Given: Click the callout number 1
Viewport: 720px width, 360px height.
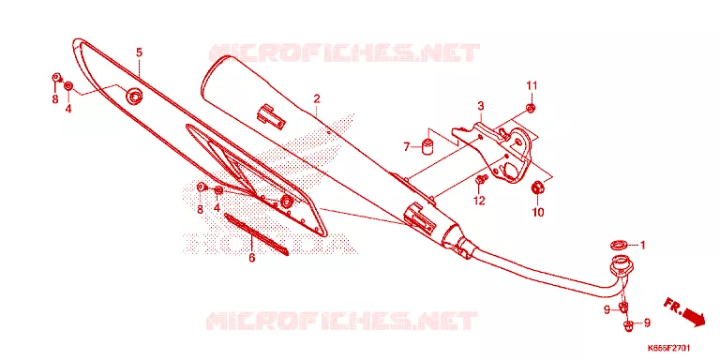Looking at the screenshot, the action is [x=643, y=246].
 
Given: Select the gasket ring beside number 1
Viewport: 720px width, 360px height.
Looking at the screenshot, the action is [x=619, y=244].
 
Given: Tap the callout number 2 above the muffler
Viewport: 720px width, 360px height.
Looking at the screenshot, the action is [x=317, y=98].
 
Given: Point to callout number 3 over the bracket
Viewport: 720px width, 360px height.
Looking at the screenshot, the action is [x=481, y=107].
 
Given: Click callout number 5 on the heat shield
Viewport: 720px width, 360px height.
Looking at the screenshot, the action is [x=139, y=52].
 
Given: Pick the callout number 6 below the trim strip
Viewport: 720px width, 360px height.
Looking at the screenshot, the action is [x=251, y=258].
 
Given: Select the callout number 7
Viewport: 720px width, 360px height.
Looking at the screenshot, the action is [x=406, y=147].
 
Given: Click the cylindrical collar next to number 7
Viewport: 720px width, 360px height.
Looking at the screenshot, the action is [x=427, y=143].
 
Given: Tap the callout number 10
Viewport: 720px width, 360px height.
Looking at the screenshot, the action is [x=538, y=213].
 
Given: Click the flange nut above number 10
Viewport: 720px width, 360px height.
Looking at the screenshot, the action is [x=537, y=188].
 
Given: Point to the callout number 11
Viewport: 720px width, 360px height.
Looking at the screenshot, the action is [x=532, y=85].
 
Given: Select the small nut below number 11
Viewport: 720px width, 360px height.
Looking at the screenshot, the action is [x=531, y=109].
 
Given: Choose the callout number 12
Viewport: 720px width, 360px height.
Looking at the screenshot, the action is [x=479, y=201].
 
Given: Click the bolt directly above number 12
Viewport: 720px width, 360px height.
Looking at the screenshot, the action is [x=481, y=180].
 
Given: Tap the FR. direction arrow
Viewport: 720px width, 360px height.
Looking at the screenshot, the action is [x=684, y=311].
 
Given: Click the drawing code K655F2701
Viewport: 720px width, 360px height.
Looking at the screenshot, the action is [x=668, y=348].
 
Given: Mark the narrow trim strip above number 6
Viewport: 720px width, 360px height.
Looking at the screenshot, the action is [x=256, y=233].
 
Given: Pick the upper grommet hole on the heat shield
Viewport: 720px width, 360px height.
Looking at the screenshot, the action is [x=135, y=96].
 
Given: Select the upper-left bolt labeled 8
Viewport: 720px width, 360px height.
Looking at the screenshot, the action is [x=56, y=78].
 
